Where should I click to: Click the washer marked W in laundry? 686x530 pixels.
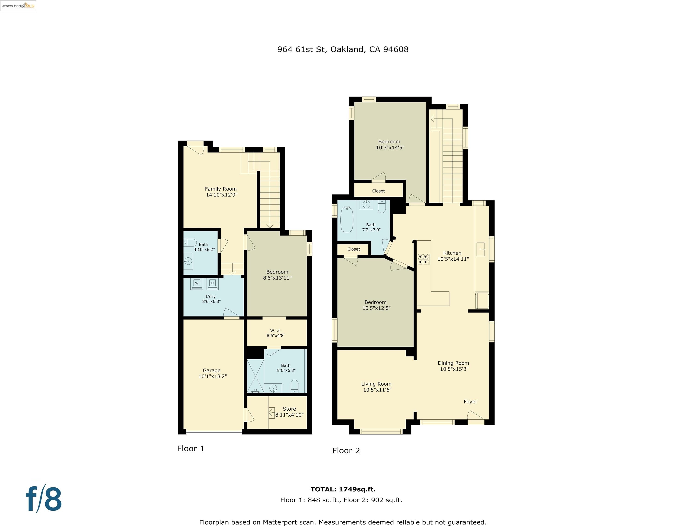[x=197, y=284]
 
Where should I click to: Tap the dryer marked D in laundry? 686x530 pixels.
[x=212, y=284]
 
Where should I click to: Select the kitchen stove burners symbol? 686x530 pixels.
[x=423, y=259]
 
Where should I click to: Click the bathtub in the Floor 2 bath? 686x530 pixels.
[x=347, y=219]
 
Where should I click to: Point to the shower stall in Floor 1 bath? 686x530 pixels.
[x=255, y=376]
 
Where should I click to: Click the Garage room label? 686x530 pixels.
[x=211, y=371]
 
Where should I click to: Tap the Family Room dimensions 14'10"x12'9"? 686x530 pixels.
[x=221, y=195]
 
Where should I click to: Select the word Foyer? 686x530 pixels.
[x=470, y=402]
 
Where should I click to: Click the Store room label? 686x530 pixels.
[x=289, y=409]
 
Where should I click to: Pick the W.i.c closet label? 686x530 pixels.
[x=275, y=330]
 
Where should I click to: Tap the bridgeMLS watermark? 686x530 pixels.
[x=18, y=6]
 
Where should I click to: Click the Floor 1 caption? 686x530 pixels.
[x=191, y=448]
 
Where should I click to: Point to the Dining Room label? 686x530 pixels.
[x=453, y=363]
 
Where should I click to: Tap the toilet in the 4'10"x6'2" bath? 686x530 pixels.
[x=190, y=242]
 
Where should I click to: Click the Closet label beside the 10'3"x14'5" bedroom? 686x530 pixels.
[x=378, y=191]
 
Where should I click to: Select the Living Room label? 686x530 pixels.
[x=376, y=384]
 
